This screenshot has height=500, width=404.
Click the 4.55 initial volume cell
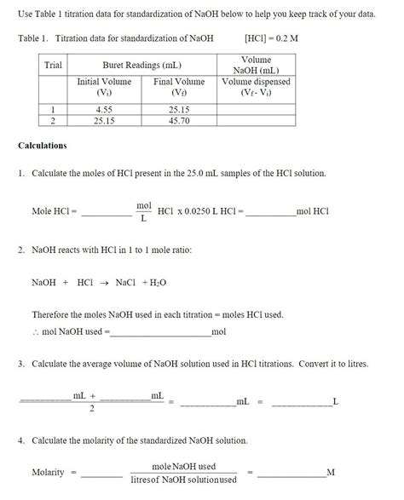coord(104,109)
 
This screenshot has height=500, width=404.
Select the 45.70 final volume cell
coord(179,121)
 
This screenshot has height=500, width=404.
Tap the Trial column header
coord(53,66)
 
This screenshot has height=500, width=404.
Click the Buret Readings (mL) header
coord(141,66)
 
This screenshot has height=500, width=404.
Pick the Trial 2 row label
coord(53,121)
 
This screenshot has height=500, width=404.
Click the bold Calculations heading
coord(43,146)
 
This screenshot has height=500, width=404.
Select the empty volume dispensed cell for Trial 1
coord(256,109)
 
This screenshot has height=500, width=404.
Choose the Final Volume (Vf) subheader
coord(179,87)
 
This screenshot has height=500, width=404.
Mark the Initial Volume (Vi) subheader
coord(104,87)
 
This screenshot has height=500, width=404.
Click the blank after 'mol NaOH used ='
coord(159,331)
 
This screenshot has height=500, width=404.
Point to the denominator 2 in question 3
coord(92,410)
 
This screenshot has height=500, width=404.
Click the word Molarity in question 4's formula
coord(48,472)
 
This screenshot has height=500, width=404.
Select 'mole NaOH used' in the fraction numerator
coord(183,466)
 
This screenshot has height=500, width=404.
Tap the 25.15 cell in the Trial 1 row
coord(179,109)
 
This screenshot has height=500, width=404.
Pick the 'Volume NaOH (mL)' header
coord(256,66)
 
